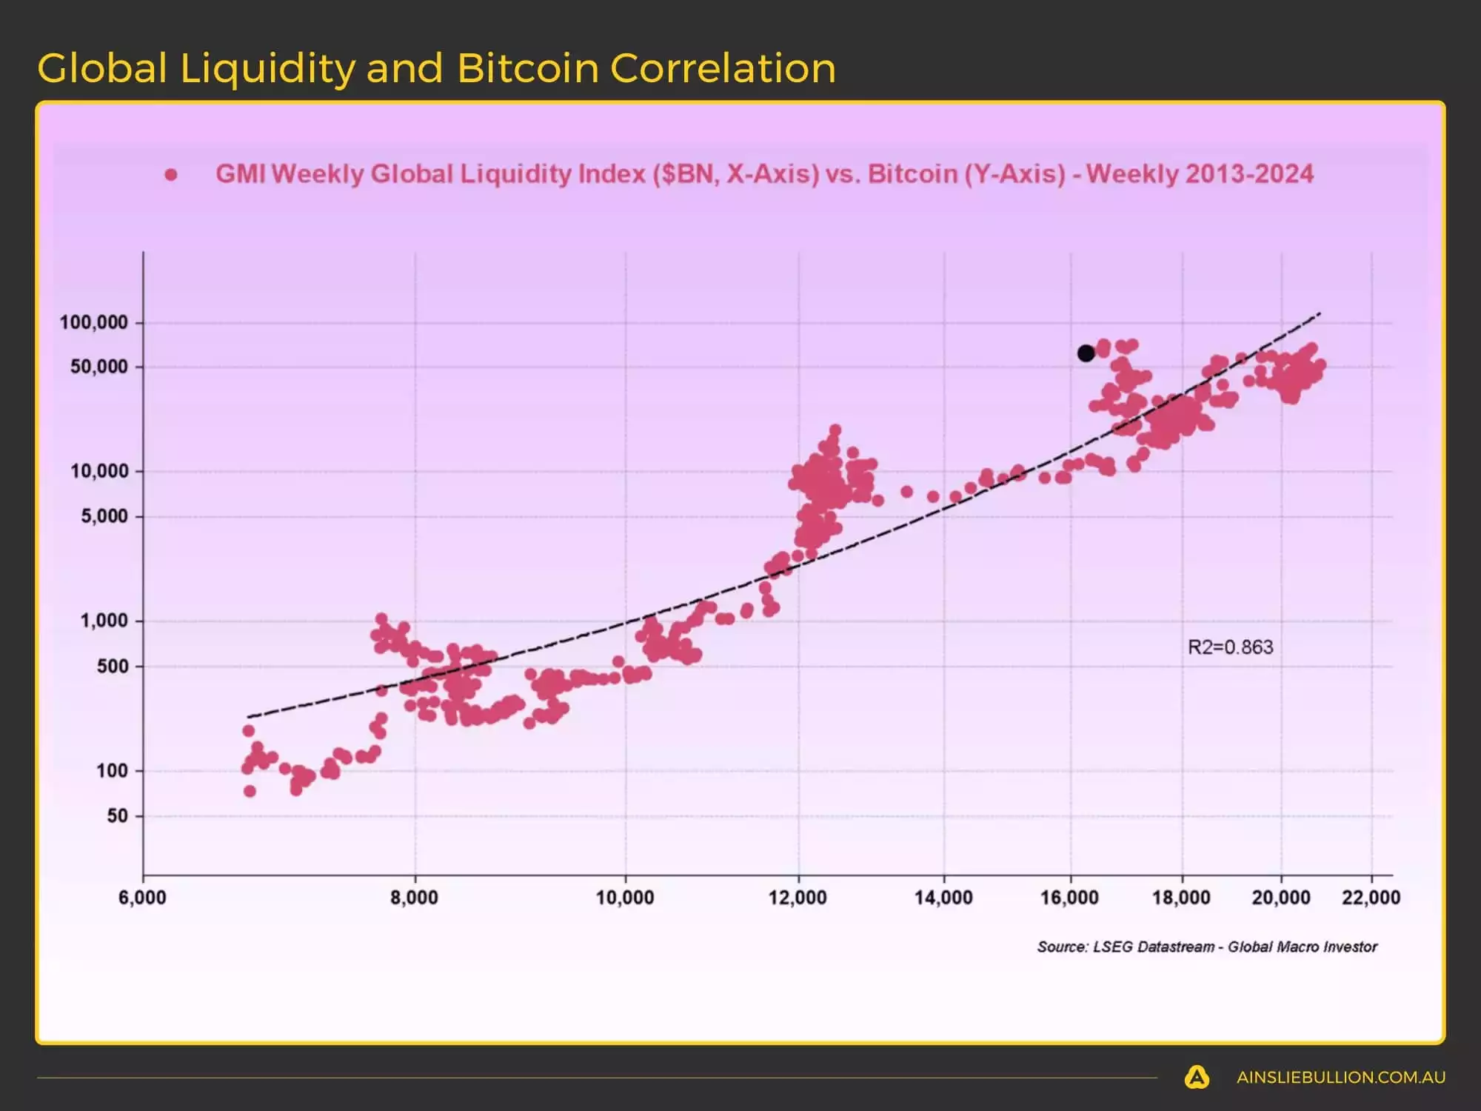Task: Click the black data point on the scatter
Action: pos(1086,353)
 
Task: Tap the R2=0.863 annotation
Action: pos(1230,647)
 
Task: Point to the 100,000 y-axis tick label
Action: pos(94,322)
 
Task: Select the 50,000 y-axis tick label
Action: pos(99,367)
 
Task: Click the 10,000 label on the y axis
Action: pos(99,471)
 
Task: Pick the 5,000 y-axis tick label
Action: pos(104,516)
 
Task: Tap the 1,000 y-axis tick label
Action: pos(104,621)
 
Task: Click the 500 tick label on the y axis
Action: pos(113,666)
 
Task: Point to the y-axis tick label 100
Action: pos(113,771)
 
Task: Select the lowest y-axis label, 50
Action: pos(118,816)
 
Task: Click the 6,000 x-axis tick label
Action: pos(142,898)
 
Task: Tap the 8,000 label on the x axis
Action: pos(414,898)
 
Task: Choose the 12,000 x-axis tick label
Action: pos(798,898)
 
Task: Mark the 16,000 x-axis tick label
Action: pos(1069,898)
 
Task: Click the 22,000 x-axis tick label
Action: pos(1371,898)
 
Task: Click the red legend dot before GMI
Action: pos(171,175)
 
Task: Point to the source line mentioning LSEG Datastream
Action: pos(1206,947)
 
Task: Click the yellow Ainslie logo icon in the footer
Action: pos(1197,1077)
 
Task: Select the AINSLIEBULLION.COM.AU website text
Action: pos(1340,1078)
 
